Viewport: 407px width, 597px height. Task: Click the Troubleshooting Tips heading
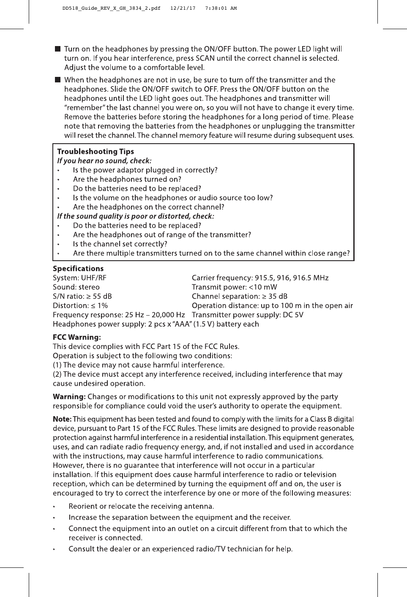pyautogui.click(x=95, y=151)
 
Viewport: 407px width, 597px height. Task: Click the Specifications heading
pyautogui.click(x=78, y=268)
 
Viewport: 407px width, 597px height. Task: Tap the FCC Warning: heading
pyautogui.click(x=76, y=337)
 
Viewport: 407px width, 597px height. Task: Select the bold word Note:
pyautogui.click(x=62, y=419)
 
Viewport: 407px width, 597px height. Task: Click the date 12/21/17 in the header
pyautogui.click(x=183, y=8)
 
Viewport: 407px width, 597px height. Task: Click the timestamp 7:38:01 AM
pyautogui.click(x=221, y=8)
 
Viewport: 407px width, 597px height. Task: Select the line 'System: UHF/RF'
pyautogui.click(x=79, y=278)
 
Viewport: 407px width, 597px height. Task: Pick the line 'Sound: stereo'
pyautogui.click(x=76, y=287)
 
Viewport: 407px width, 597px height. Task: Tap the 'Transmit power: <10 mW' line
pyautogui.click(x=234, y=287)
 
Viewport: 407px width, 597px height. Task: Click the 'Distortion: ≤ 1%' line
pyautogui.click(x=80, y=305)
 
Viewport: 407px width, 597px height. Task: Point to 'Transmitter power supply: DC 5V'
pyautogui.click(x=247, y=315)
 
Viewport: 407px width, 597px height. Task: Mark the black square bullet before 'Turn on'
pyautogui.click(x=57, y=49)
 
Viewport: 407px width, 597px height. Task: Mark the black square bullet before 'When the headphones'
pyautogui.click(x=57, y=80)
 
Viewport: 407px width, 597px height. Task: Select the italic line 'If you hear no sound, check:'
pyautogui.click(x=104, y=161)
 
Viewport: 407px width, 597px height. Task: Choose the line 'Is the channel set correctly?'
pyautogui.click(x=120, y=244)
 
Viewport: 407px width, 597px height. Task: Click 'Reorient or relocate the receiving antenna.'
pyautogui.click(x=141, y=506)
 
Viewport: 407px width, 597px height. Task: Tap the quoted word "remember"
pyautogui.click(x=84, y=108)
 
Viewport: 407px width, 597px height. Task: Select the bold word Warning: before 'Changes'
pyautogui.click(x=69, y=397)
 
